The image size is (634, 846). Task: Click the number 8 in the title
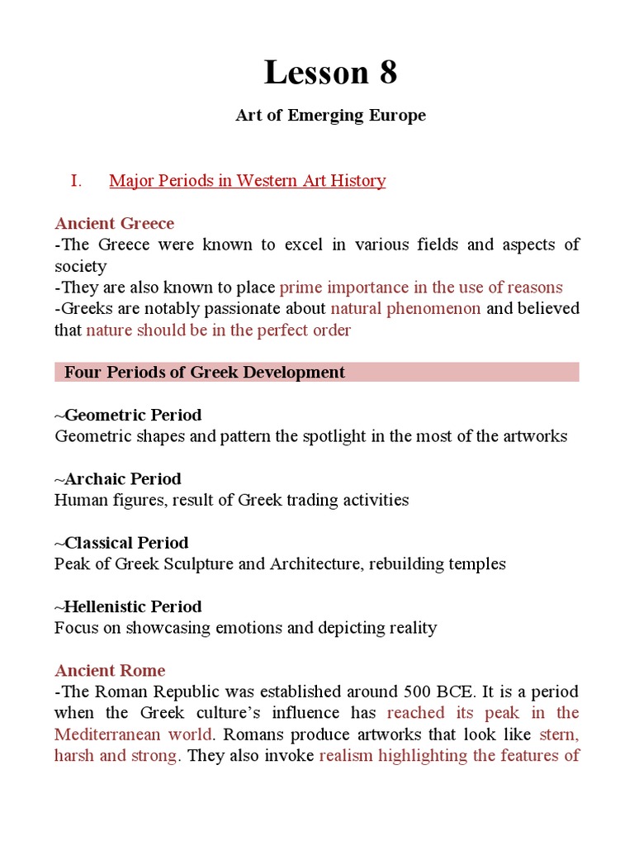point(388,73)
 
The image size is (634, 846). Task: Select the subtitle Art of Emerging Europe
point(330,115)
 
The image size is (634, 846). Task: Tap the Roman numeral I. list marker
point(76,181)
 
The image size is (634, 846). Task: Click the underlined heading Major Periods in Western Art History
point(247,181)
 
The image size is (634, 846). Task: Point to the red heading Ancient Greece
point(115,223)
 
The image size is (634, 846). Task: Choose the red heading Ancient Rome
point(110,670)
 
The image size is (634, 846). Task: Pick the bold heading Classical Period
point(125,542)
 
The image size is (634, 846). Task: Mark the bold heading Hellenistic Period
point(132,606)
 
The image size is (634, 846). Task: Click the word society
point(81,266)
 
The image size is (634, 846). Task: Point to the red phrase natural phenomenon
point(405,309)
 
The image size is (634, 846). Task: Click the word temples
point(476,564)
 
